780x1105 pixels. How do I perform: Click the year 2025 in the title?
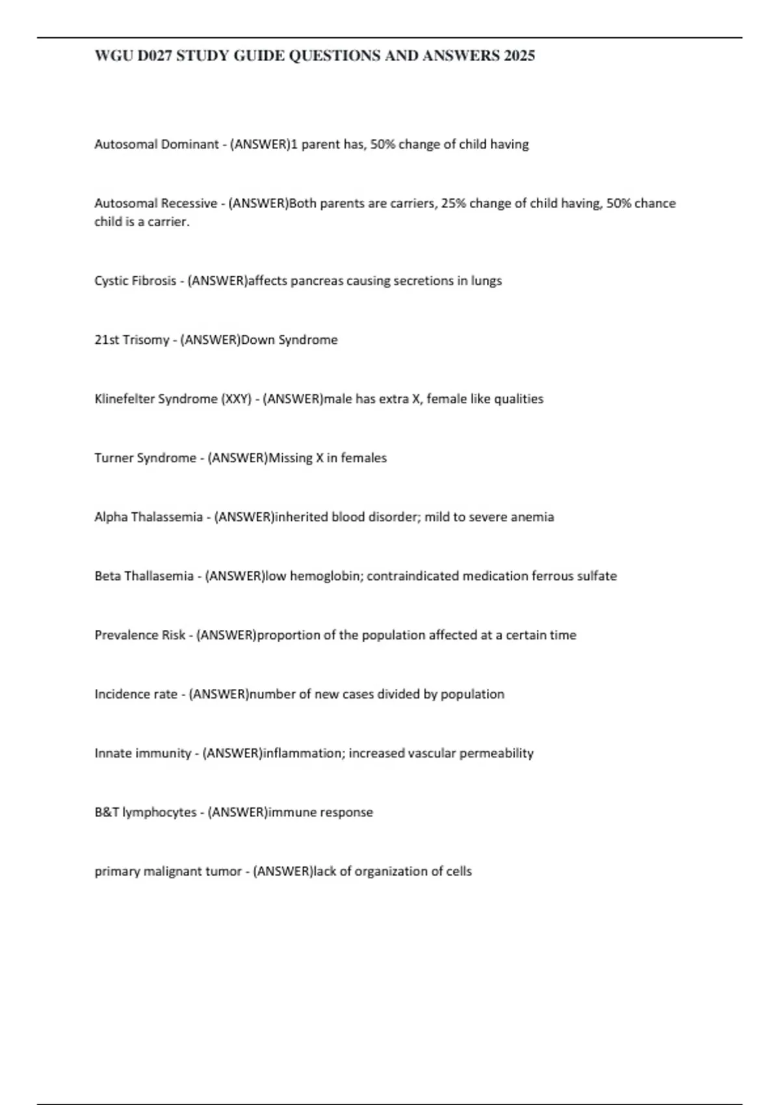(519, 57)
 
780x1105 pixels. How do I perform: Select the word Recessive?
(189, 203)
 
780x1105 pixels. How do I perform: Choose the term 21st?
(107, 340)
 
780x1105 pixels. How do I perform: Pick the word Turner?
(112, 458)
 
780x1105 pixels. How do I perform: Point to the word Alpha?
(111, 517)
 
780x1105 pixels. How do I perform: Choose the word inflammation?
(303, 753)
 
